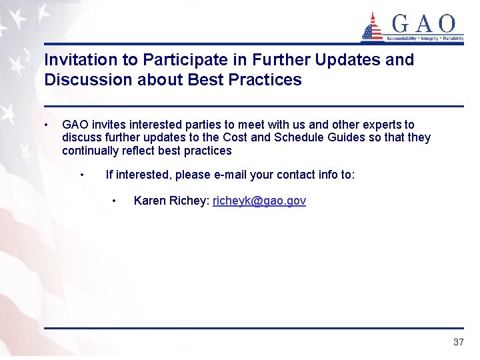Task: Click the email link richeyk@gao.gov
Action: tap(259, 201)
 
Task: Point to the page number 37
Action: tap(458, 342)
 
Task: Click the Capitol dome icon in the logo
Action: tap(372, 27)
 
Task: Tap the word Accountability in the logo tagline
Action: tap(399, 39)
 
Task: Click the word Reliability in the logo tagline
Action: tap(451, 39)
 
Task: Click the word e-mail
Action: tap(230, 175)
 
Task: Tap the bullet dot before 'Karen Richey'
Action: tap(115, 201)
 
